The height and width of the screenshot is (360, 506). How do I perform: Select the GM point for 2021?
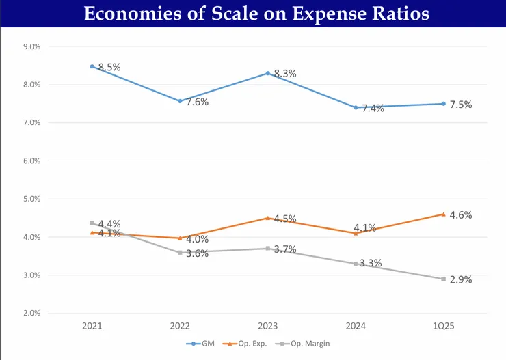tap(92, 66)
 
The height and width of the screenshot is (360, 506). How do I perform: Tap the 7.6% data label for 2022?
tap(198, 102)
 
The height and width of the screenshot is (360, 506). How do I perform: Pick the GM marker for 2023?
tap(267, 73)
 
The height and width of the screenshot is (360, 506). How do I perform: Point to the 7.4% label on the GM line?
tap(373, 108)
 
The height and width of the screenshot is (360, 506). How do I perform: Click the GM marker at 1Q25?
tap(443, 104)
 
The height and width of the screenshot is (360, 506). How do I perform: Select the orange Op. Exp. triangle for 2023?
tap(267, 218)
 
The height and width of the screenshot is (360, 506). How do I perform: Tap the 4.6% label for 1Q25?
tap(461, 214)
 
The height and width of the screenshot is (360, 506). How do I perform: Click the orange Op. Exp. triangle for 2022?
tap(180, 238)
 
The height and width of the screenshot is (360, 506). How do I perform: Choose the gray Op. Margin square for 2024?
tap(356, 264)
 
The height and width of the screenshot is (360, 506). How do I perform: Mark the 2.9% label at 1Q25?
tap(461, 279)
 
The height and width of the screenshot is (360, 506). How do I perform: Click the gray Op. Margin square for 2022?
tap(180, 253)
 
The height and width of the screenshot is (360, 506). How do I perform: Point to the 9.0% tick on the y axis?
tap(31, 46)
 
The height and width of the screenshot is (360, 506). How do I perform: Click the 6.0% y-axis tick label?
tap(31, 161)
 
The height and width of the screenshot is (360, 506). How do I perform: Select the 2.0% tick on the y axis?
tap(31, 314)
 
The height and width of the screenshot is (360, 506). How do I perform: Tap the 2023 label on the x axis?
tap(267, 327)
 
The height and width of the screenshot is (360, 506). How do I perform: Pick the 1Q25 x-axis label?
tap(443, 327)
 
